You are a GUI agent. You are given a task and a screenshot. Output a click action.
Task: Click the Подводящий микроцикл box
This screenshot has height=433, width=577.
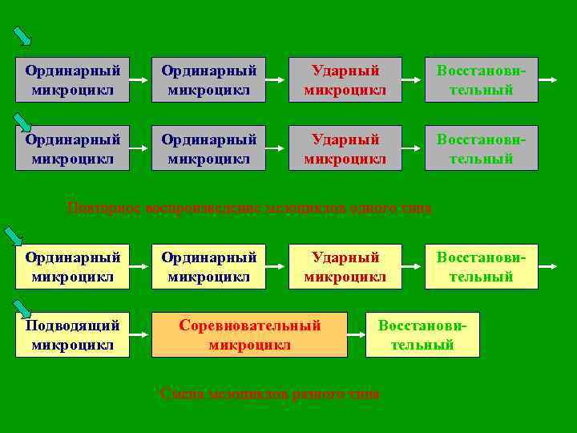pos(72,334)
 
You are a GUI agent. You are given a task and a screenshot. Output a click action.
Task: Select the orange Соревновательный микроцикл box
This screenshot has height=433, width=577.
pos(249,334)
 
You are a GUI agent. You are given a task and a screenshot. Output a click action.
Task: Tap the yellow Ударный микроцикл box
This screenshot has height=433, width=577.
pos(345,266)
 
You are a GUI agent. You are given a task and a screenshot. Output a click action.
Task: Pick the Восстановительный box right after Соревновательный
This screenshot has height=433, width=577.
pos(422,334)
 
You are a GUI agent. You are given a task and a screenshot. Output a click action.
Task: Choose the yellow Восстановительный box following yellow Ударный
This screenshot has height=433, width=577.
pos(481,266)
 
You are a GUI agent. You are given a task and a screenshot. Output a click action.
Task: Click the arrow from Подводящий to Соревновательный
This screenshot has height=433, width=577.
pos(140,334)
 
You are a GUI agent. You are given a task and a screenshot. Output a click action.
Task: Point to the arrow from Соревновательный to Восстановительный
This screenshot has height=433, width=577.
pos(357,334)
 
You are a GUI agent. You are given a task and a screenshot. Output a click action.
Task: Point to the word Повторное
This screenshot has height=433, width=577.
pos(99,208)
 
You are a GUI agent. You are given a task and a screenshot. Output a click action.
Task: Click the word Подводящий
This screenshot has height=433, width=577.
pos(72,326)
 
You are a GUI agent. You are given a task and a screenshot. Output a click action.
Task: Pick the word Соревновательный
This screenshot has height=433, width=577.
pos(249,326)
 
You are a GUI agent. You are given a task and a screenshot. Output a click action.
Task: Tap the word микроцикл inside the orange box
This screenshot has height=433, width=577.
pos(249,345)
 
